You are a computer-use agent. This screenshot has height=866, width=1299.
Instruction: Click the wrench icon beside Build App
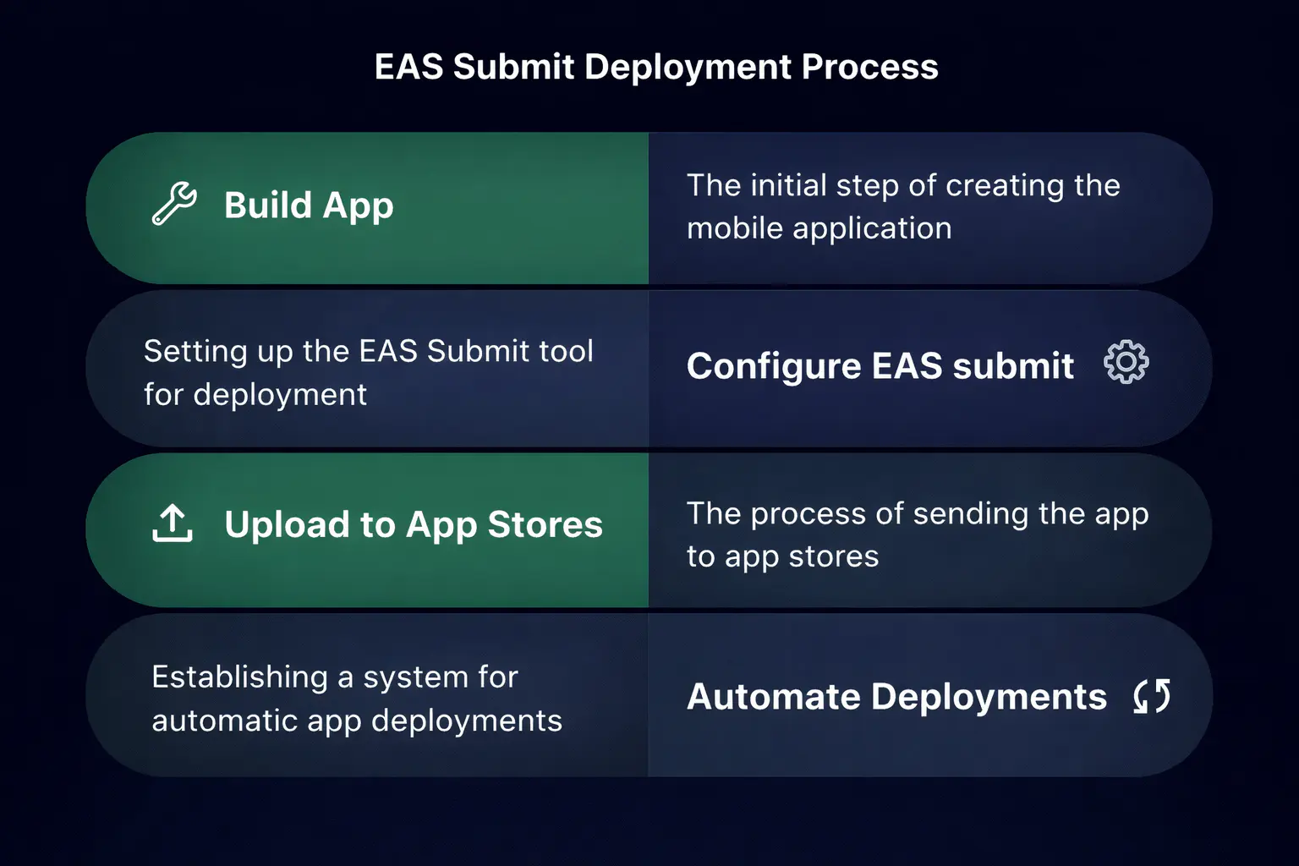(x=174, y=204)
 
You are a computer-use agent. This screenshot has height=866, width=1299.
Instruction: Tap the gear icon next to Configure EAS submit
(x=1126, y=363)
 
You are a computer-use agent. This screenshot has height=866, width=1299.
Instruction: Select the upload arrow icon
(x=173, y=523)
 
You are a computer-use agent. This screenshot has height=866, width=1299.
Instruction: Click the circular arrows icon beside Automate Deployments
(x=1152, y=696)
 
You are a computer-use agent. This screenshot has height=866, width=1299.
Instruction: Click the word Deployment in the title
(x=689, y=67)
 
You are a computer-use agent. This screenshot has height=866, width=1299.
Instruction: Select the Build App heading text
(x=309, y=206)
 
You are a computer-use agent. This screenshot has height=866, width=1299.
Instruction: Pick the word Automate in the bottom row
(x=773, y=697)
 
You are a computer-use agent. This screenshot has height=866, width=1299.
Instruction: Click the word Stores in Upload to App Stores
(x=545, y=524)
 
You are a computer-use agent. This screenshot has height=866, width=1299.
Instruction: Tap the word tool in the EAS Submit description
(x=566, y=351)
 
